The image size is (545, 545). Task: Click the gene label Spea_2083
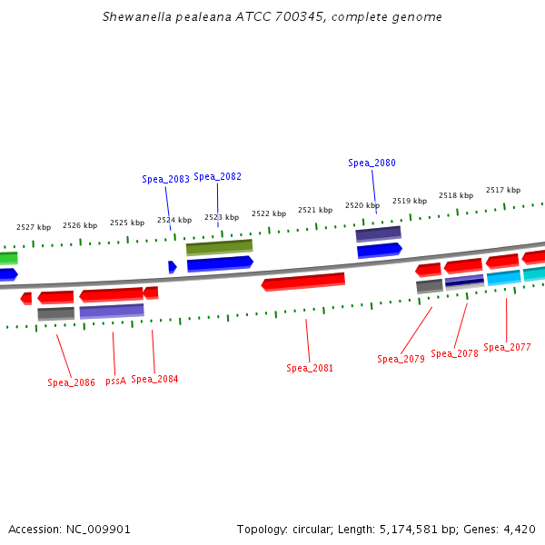165,180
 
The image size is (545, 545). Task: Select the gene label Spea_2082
217,177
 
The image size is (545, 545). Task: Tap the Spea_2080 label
372,163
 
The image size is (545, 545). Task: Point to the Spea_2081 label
310,369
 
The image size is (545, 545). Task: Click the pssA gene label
115,381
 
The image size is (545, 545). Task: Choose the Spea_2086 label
71,383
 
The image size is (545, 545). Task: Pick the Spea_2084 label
154,380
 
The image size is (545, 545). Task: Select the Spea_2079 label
401,360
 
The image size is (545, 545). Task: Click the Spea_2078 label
454,354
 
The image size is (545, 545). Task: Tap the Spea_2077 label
507,348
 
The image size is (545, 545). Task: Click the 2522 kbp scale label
269,213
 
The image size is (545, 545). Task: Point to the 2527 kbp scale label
34,227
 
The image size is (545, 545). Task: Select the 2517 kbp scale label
503,191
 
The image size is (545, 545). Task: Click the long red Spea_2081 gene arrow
303,282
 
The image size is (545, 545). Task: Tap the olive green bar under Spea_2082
219,247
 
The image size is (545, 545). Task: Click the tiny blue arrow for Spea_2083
172,267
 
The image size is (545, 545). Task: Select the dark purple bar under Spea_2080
378,234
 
